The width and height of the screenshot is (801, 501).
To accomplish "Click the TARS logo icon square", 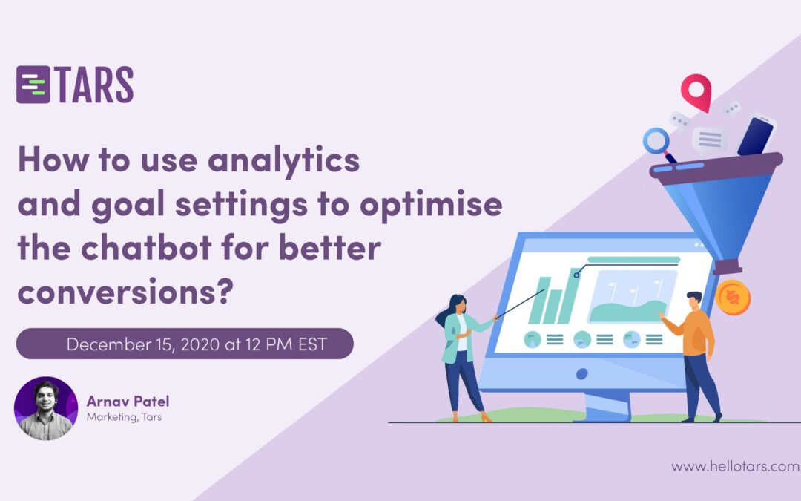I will (x=33, y=84).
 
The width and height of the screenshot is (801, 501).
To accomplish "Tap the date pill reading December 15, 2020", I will (x=185, y=344).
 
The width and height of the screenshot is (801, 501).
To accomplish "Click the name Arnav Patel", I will (x=128, y=402).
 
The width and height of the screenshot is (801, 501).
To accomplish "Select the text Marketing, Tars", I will (x=124, y=417).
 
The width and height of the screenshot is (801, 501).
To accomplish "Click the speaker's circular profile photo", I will (x=46, y=408).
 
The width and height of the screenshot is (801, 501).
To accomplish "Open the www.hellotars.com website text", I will (x=735, y=467).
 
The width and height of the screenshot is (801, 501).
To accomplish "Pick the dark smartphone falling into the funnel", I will (x=756, y=136).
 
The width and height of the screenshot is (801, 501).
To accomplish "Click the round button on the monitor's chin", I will (x=582, y=373).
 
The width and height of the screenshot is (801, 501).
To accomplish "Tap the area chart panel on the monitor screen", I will (x=632, y=295).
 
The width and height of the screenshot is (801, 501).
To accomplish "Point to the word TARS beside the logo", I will (x=94, y=84).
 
